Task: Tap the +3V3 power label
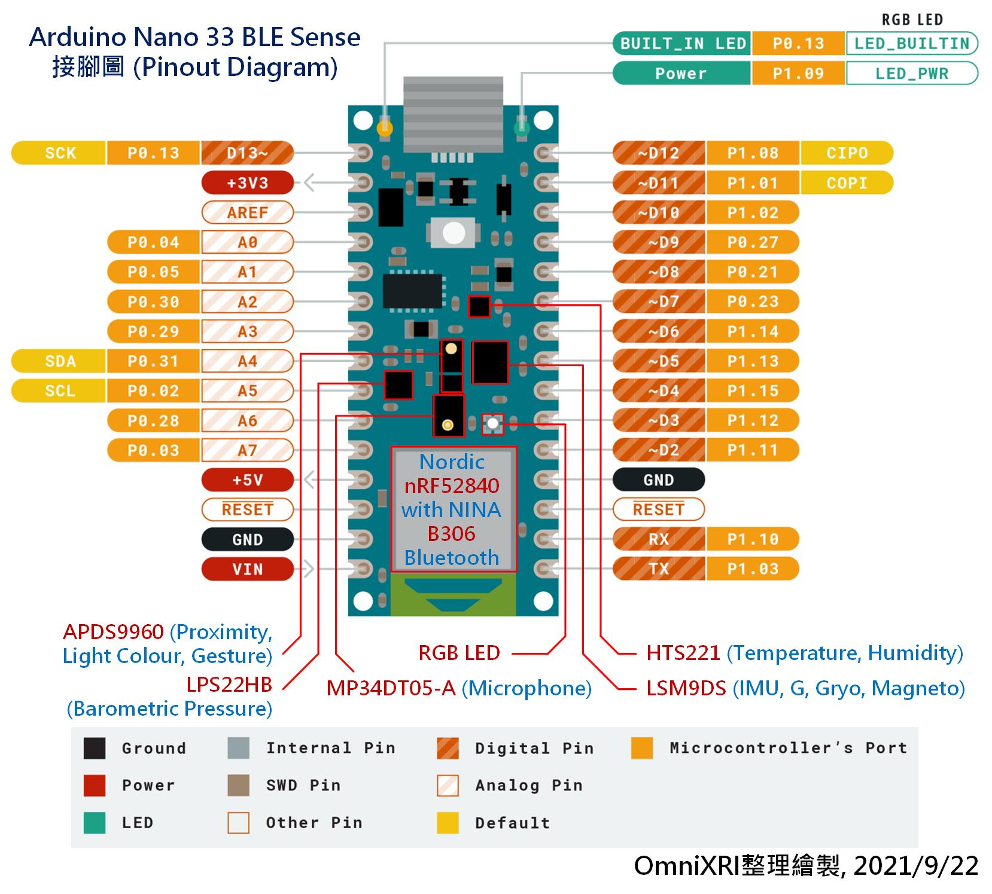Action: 248,183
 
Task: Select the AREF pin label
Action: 248,212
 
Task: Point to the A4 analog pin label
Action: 248,361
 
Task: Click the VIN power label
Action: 248,569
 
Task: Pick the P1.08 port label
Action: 753,153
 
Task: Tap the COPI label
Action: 847,183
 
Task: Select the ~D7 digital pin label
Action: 659,302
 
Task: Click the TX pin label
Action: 659,569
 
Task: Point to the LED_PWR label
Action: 912,74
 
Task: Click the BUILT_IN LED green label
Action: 682,44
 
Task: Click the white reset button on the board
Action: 454,233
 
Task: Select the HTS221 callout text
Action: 683,652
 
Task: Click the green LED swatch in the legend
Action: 95,823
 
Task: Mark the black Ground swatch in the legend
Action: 95,748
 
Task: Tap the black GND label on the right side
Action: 659,480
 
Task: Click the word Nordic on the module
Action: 452,462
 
